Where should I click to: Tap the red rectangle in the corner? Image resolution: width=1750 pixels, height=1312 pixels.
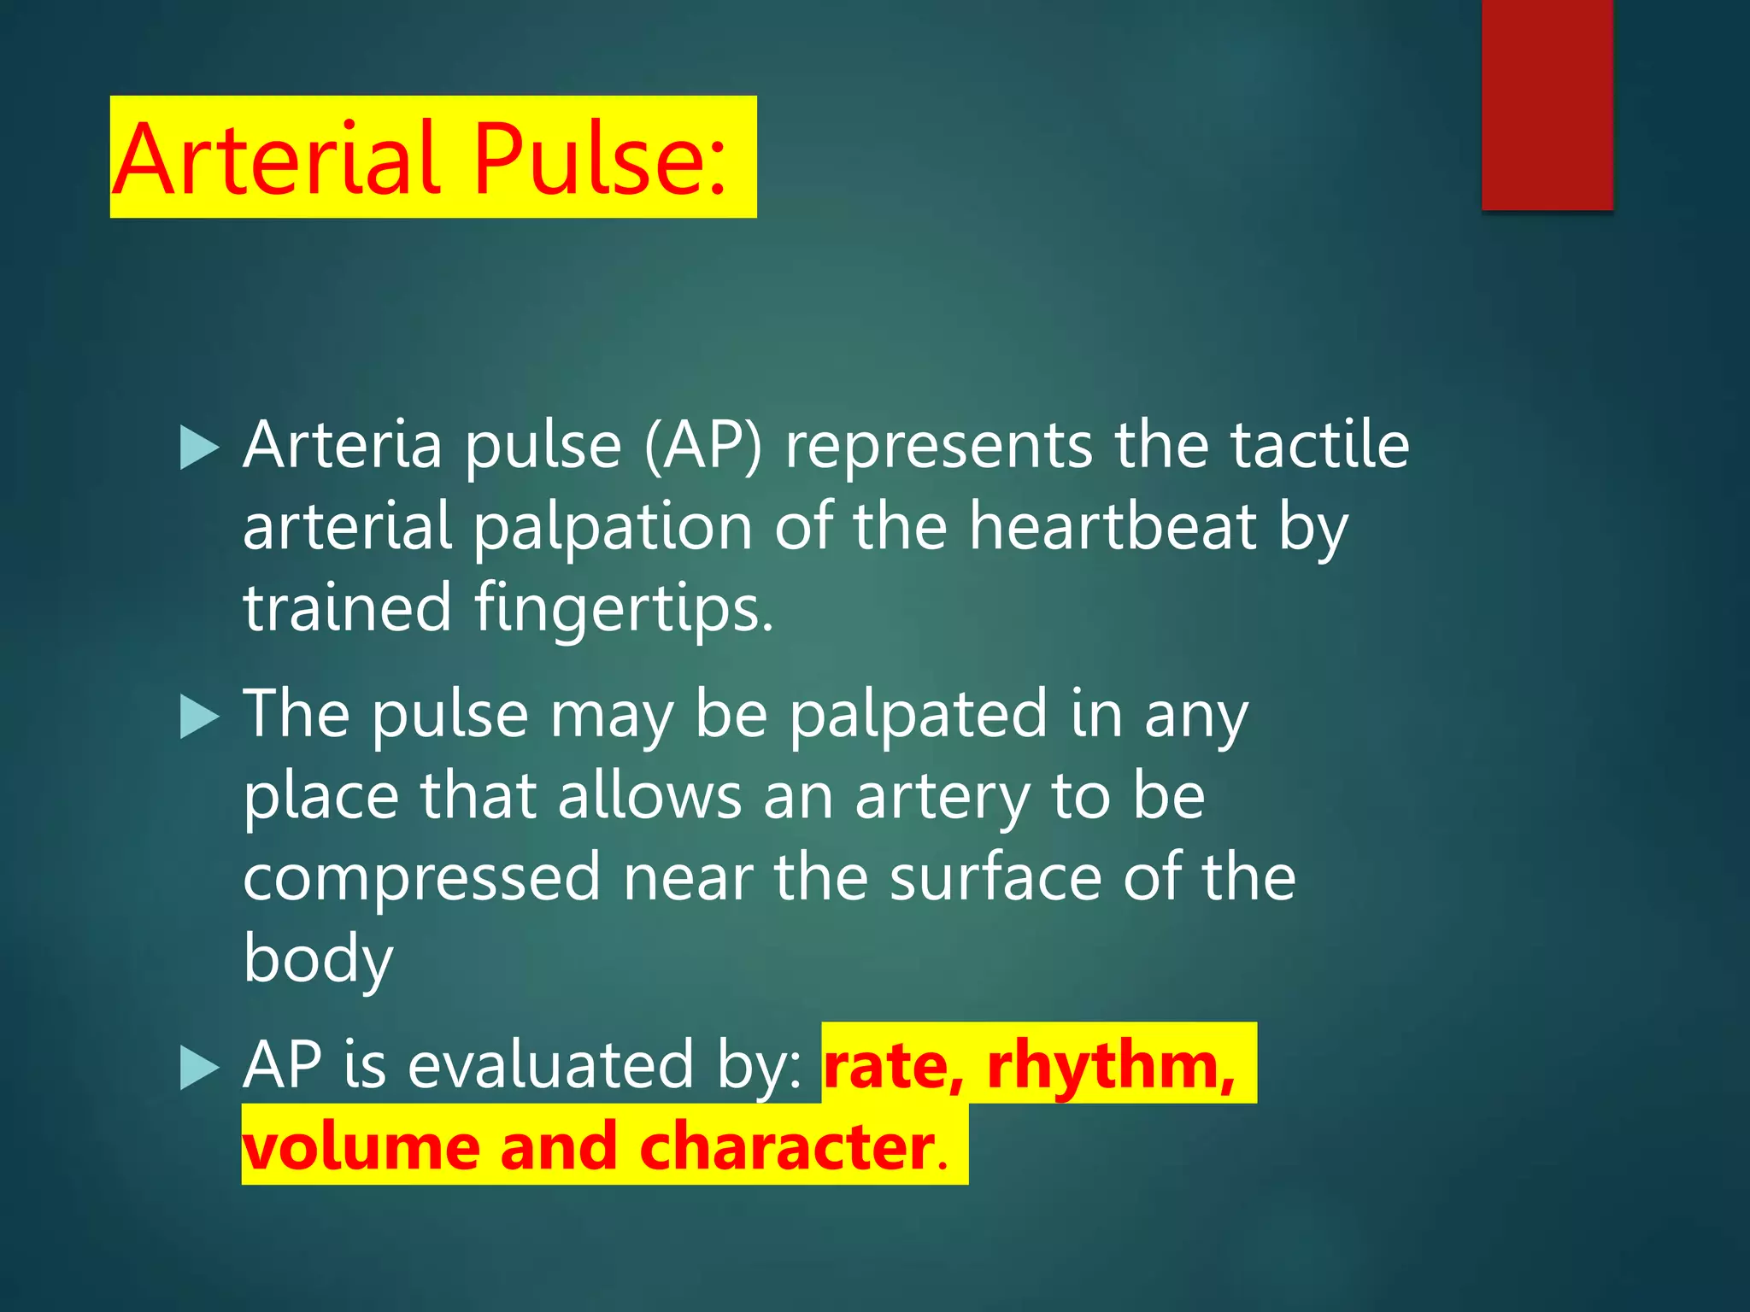click(x=1547, y=104)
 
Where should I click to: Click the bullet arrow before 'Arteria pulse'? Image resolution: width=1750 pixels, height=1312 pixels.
click(x=200, y=449)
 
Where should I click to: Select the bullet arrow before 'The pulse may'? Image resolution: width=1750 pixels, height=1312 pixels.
click(x=200, y=717)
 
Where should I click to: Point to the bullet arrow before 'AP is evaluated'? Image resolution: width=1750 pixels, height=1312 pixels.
click(x=200, y=1069)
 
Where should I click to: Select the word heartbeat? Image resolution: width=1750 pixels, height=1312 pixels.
click(x=1112, y=527)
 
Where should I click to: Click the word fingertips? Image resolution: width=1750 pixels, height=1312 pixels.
click(x=624, y=609)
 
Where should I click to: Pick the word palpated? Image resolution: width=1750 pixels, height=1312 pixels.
click(x=918, y=716)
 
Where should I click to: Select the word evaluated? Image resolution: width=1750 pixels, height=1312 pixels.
click(x=550, y=1065)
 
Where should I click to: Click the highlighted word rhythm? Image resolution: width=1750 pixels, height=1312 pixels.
click(x=1111, y=1065)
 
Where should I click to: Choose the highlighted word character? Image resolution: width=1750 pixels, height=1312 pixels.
click(x=786, y=1146)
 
